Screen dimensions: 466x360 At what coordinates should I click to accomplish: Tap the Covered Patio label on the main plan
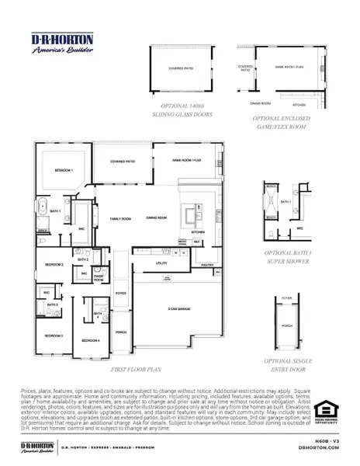[123, 162]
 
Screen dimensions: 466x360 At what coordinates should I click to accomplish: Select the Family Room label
[120, 219]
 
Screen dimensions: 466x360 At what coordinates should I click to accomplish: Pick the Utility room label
[162, 263]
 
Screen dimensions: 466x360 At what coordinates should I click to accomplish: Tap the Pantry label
[207, 265]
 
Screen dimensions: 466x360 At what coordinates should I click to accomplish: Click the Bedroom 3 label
[53, 335]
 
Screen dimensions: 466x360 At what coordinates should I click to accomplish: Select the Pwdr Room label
[99, 276]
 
